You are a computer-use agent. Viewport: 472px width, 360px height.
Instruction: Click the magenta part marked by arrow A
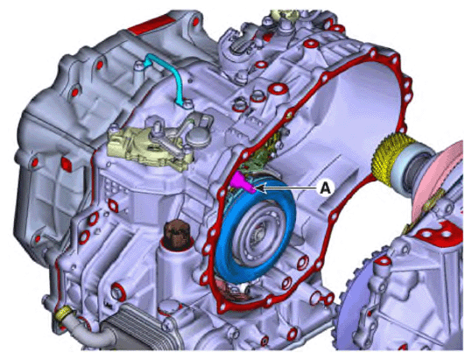pyautogui.click(x=242, y=182)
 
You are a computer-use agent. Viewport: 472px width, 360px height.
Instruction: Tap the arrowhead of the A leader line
pyautogui.click(x=257, y=186)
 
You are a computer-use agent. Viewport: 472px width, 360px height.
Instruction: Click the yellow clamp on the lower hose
pyautogui.click(x=63, y=315)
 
